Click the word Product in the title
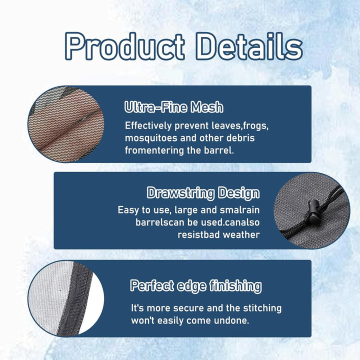pos(124,46)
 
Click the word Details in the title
pos(249,46)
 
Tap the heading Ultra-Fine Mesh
pos(174,107)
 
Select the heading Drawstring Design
pos(203,193)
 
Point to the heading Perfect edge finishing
pos(196,286)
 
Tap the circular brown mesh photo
pos(66,124)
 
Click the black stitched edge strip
pos(74,298)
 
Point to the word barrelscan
pos(160,222)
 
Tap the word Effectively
pos(148,126)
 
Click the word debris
pos(240,138)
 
